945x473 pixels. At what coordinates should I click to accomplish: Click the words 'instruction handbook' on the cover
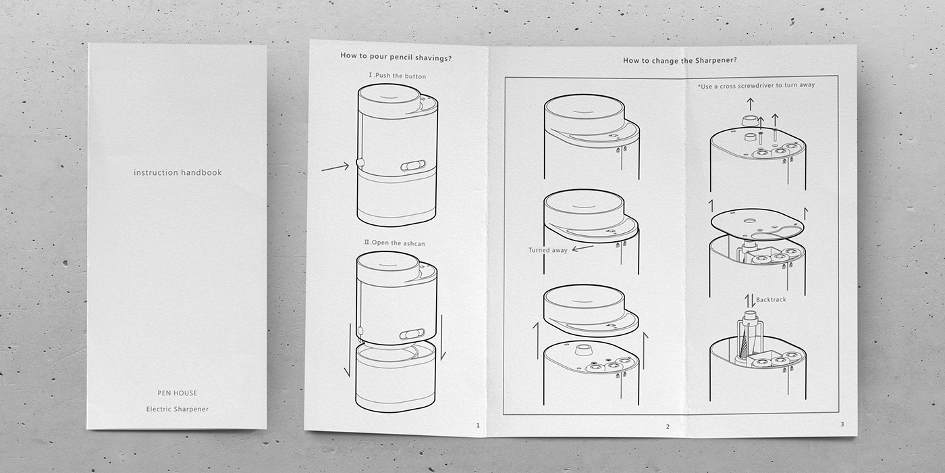click(x=178, y=173)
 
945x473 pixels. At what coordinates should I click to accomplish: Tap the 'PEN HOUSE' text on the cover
click(x=177, y=393)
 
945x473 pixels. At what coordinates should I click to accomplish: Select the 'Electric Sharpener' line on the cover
click(x=178, y=409)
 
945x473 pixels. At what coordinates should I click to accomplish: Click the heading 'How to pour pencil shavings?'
click(x=396, y=58)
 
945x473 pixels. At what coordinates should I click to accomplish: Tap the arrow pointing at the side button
click(x=335, y=166)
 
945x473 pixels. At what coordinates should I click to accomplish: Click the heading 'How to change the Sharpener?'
click(x=679, y=61)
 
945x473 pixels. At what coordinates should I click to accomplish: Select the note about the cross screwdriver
click(x=756, y=86)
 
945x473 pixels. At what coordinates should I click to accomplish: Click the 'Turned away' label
click(x=547, y=250)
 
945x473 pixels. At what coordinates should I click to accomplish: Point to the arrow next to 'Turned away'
click(x=583, y=248)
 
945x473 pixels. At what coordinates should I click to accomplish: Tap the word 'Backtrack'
click(x=771, y=299)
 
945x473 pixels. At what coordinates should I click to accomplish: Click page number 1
click(x=478, y=426)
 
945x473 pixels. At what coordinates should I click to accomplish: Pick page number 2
click(x=668, y=427)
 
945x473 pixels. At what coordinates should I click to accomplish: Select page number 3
click(x=842, y=424)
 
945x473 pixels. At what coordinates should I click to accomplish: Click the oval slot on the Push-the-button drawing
click(x=413, y=166)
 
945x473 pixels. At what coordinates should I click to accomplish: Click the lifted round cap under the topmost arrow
click(x=749, y=120)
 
